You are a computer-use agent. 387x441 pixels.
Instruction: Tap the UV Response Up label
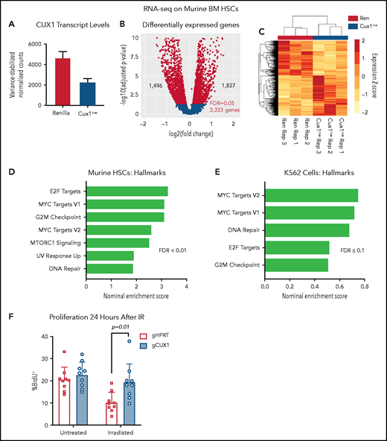61,255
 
